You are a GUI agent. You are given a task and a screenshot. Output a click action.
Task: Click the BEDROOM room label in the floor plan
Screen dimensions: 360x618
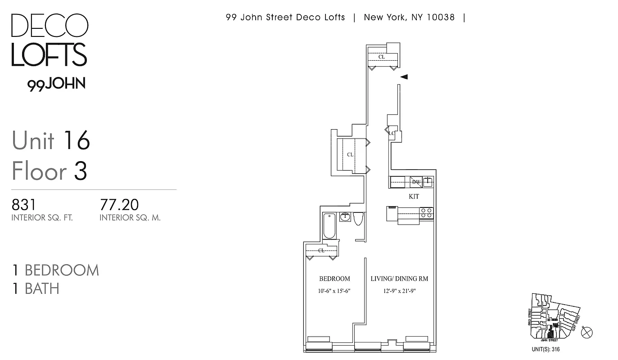(334, 279)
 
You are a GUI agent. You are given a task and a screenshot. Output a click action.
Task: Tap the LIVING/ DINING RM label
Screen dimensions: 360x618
(399, 279)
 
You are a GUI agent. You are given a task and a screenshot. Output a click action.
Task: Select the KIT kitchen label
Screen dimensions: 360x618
(414, 196)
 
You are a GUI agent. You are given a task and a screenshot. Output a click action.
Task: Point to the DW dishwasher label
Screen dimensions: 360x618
(416, 182)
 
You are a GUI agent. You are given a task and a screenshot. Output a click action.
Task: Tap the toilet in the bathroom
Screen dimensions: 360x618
(358, 218)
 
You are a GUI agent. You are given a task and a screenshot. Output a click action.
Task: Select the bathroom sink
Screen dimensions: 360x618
(345, 217)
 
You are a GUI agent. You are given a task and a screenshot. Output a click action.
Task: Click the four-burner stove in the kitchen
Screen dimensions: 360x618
(426, 213)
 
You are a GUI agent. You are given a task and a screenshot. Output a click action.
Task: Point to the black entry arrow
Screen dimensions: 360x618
(404, 77)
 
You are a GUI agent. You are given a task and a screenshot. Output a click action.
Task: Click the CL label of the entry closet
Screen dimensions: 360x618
(382, 57)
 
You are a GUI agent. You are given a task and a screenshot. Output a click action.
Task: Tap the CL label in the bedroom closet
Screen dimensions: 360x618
(321, 251)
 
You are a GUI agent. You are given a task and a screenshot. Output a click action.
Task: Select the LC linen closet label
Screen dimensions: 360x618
(392, 133)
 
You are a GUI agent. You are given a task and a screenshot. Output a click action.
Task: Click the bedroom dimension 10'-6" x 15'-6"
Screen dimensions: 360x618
(334, 291)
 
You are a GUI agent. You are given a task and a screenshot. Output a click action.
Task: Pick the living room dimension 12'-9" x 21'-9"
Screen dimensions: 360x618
(399, 291)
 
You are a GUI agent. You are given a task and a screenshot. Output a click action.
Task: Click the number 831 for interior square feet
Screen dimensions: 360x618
(23, 205)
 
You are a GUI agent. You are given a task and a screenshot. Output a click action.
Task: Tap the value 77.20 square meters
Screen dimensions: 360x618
(119, 205)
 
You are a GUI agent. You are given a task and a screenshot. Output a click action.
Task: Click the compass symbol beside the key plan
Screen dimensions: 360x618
(587, 333)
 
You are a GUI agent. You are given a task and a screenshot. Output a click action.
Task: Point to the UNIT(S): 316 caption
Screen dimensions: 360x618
(546, 349)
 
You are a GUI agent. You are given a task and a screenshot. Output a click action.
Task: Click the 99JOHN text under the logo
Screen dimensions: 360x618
(56, 85)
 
